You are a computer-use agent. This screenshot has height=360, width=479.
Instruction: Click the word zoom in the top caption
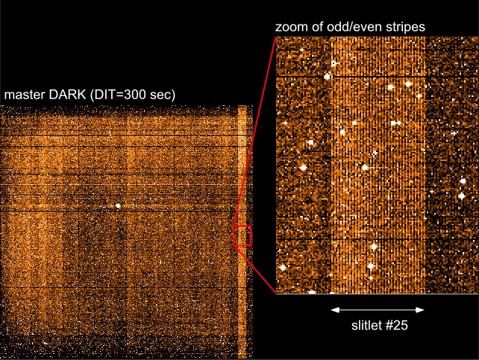(x=292, y=27)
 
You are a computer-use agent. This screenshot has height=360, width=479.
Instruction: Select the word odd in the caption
(x=335, y=27)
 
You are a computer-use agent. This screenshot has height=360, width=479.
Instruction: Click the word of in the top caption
(x=316, y=27)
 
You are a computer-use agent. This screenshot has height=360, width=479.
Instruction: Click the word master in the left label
(x=24, y=95)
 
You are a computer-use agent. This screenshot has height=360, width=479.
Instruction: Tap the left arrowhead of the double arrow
(x=334, y=309)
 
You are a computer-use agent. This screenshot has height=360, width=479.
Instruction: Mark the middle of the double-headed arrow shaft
(x=378, y=309)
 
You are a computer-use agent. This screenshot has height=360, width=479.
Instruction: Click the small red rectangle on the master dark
(x=242, y=236)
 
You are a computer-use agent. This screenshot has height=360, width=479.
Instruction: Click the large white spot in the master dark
(x=118, y=204)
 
